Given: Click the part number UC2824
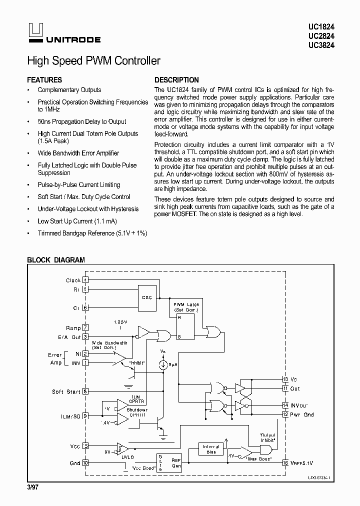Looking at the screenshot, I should (324, 35).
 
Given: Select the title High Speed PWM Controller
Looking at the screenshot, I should (93, 61).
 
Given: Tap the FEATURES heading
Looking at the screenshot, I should (44, 80).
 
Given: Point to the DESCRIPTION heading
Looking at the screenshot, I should (176, 80).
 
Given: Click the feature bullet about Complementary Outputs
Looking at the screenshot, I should (69, 90).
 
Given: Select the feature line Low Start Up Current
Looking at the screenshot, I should (77, 221).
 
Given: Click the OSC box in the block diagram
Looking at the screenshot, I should (146, 297).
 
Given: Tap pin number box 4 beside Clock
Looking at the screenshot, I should (85, 280).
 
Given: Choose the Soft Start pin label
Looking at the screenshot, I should (66, 391).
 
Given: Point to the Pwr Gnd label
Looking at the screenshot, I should (302, 414).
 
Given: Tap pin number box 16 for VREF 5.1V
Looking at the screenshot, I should (285, 462).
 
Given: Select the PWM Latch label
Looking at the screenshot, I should (186, 307).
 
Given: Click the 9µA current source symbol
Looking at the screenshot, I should (163, 364).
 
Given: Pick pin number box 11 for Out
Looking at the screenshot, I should (285, 388).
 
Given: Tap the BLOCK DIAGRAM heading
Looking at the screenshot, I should (55, 260).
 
